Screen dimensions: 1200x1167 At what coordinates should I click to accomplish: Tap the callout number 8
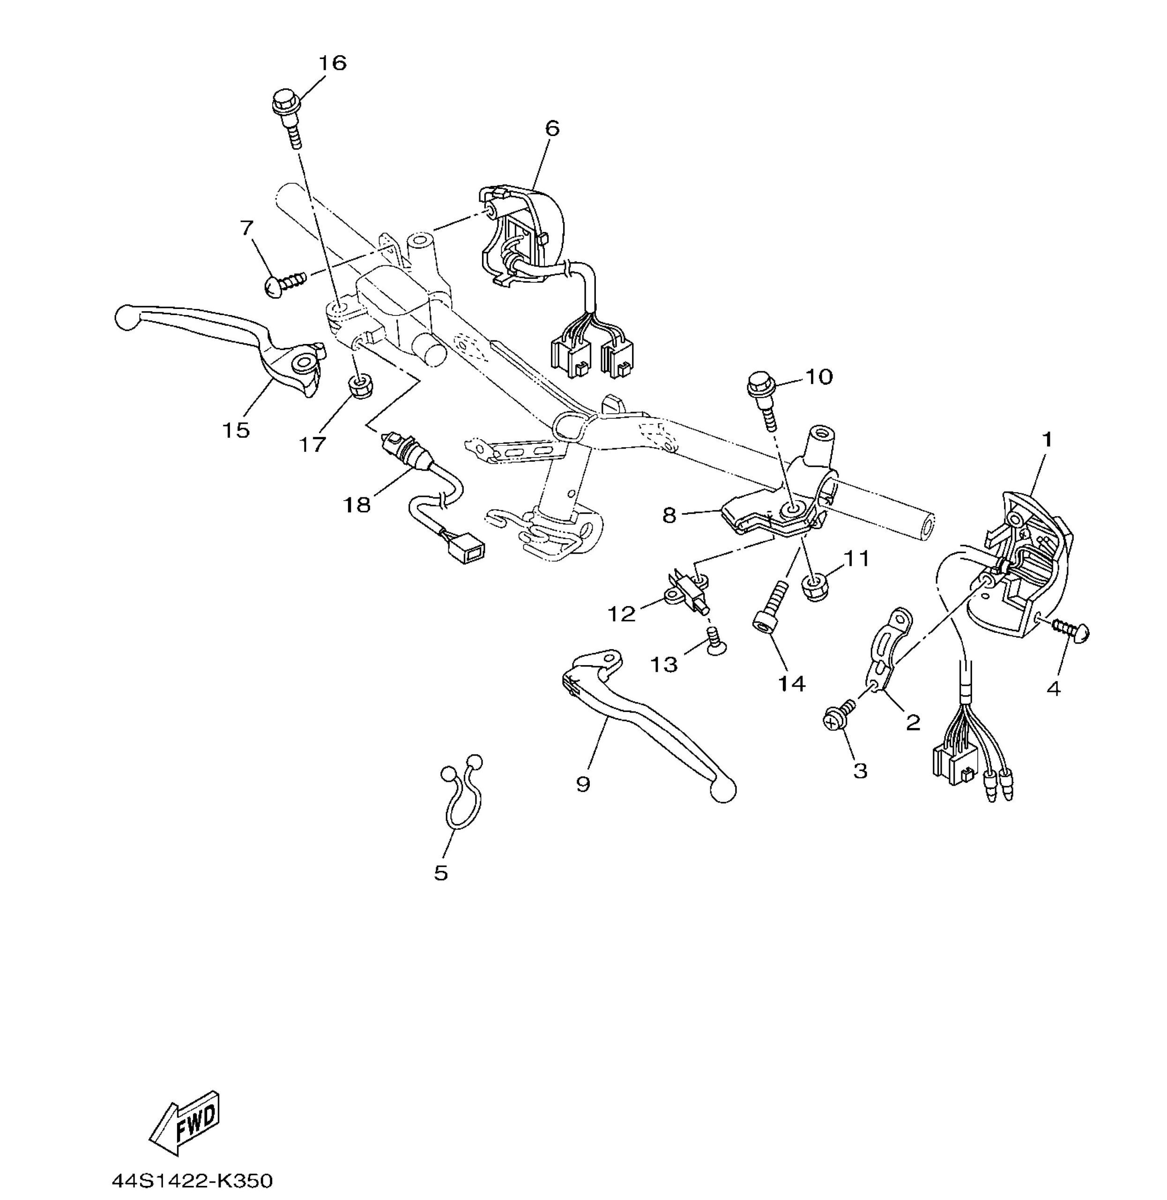pos(669,515)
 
